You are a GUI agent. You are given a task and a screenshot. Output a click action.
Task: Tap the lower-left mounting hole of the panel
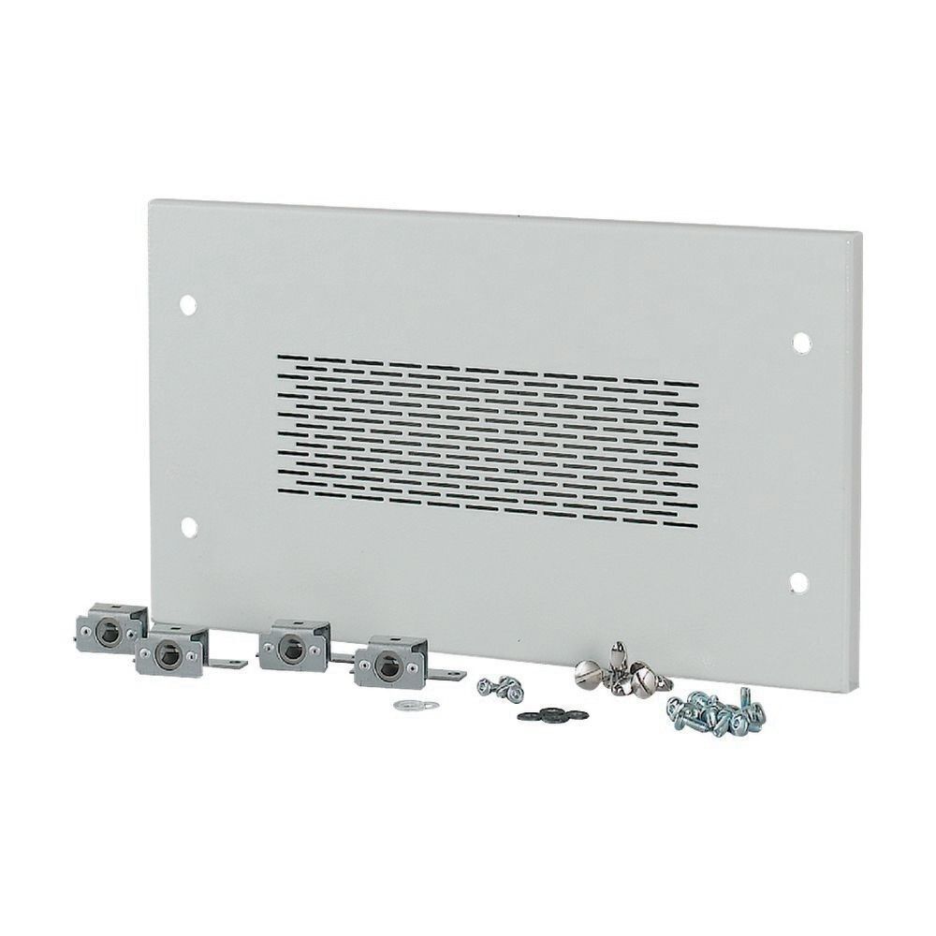point(188,526)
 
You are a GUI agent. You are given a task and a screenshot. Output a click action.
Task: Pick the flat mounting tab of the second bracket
point(234,665)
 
